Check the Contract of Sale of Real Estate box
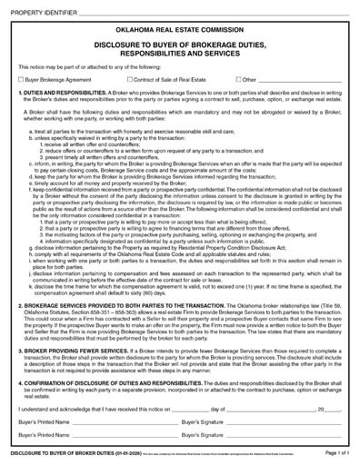pyautogui.click(x=130, y=80)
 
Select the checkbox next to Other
pyautogui.click(x=238, y=80)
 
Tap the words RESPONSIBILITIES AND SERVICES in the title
pyautogui.click(x=179, y=55)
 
